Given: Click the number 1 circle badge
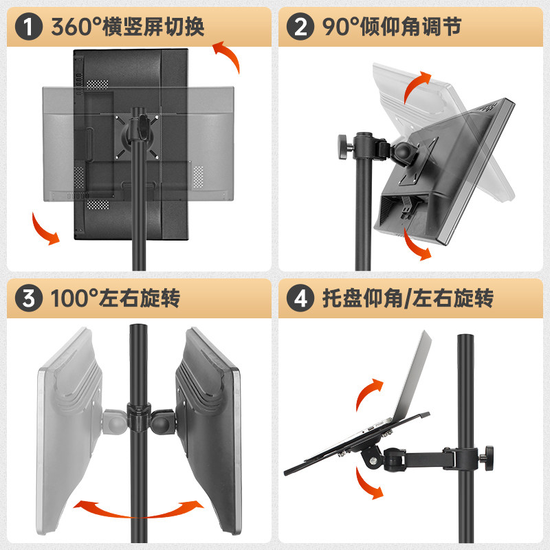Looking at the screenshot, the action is (27, 27).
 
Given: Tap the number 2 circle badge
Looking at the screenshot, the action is (300, 27).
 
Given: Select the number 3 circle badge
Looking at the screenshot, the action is (27, 300).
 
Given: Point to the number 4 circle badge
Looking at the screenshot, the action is (300, 300).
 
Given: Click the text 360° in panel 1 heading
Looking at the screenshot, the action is (76, 27).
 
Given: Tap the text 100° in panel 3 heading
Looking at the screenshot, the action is (76, 300).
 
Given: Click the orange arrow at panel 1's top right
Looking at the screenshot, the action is (226, 56).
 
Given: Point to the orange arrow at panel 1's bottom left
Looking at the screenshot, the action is (45, 230).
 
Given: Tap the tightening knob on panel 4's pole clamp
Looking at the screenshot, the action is (489, 454).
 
